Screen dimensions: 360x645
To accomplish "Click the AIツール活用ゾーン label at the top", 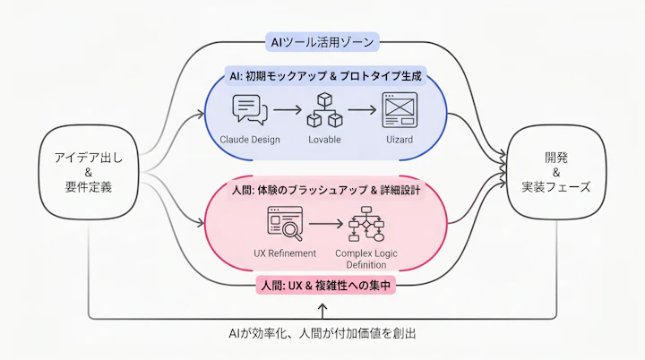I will click(x=324, y=41).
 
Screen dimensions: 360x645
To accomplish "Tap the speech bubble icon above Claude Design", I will click(x=250, y=109).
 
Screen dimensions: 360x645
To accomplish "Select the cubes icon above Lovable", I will click(x=324, y=110).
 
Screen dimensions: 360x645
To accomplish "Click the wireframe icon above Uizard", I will click(x=399, y=109).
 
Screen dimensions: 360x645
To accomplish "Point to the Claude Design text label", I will click(x=250, y=140).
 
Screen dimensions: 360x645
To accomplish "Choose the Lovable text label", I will click(x=324, y=140).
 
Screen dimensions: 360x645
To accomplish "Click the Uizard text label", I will click(x=399, y=140).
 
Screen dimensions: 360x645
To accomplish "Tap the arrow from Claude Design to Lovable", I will click(x=286, y=110).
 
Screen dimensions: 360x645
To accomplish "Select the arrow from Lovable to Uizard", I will click(x=361, y=110).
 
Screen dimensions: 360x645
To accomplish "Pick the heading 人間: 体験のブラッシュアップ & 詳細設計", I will click(x=324, y=190).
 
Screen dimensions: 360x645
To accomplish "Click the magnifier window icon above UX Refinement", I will click(x=285, y=223).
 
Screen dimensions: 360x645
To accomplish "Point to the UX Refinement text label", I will click(x=285, y=253).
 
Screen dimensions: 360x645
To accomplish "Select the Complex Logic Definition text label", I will click(x=366, y=259).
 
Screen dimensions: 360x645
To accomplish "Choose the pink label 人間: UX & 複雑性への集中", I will click(x=324, y=286).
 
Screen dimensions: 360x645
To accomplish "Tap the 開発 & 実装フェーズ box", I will click(x=558, y=173).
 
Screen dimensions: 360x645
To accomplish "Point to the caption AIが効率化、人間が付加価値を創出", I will click(x=322, y=333).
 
